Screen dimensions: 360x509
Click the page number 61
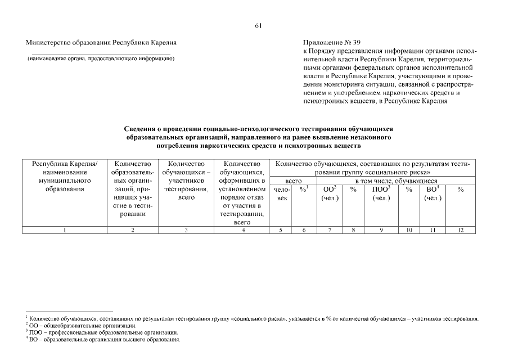258,26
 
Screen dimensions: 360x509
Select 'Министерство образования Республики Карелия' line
101,43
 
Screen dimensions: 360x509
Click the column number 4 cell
242,229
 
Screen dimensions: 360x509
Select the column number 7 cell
330,229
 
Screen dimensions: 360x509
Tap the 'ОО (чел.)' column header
330,194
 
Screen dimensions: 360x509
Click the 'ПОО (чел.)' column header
381,194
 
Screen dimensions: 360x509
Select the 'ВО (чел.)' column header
433,194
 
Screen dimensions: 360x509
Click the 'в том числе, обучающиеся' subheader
396,181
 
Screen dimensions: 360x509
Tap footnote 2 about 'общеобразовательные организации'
81,326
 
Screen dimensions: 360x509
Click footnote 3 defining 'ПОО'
102,333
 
